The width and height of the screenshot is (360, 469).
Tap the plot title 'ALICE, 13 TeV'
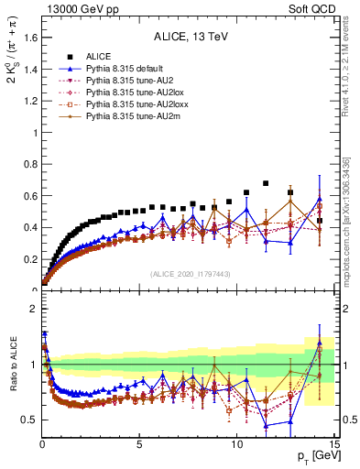click(189, 38)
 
